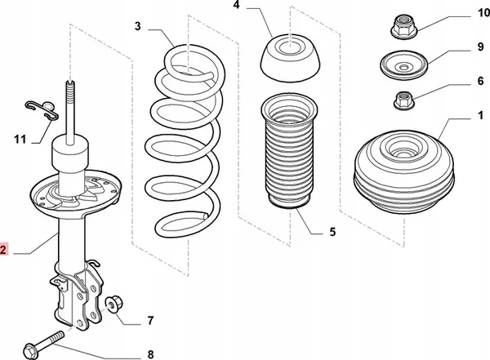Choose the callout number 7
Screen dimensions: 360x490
[149, 319]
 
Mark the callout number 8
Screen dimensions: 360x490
[149, 353]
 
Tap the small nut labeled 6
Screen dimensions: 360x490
[402, 100]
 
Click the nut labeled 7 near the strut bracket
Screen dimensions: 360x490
[114, 304]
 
